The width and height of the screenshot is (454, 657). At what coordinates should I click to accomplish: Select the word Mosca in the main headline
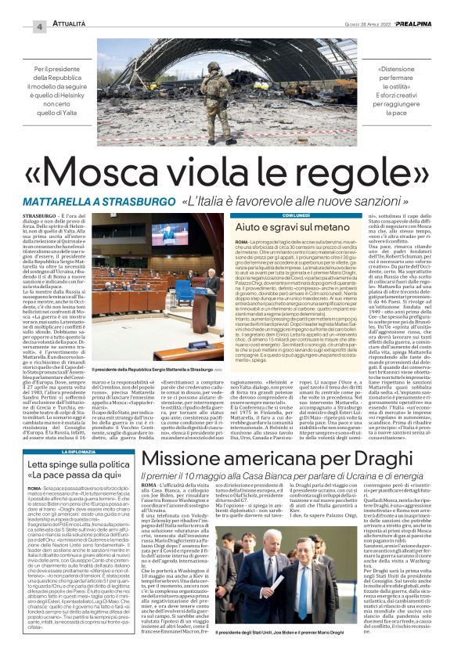(x=119, y=168)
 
